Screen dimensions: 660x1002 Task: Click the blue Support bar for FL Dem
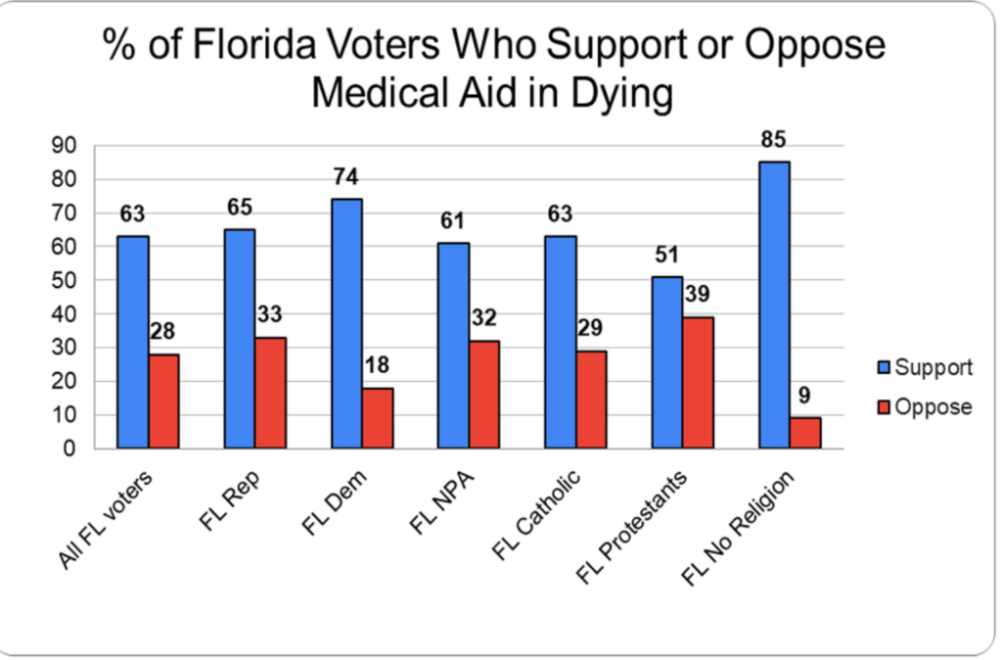(x=346, y=323)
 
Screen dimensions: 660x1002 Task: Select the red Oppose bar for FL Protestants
(x=698, y=383)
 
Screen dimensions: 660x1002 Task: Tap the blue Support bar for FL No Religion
(x=774, y=305)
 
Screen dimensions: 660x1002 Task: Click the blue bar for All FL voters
(x=132, y=342)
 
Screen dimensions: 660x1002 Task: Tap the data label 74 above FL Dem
(x=346, y=179)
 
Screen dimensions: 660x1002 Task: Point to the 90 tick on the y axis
(x=66, y=146)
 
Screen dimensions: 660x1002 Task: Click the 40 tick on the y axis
(x=66, y=314)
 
